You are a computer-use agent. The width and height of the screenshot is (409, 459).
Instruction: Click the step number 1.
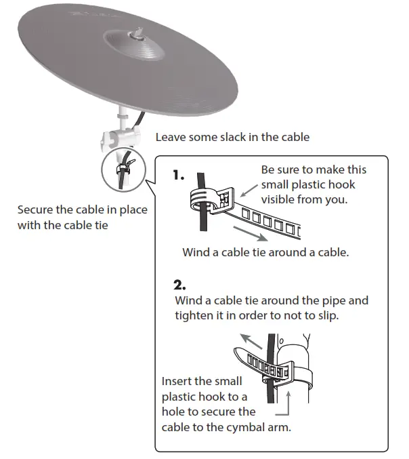178,175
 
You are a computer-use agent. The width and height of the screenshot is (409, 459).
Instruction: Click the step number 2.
180,284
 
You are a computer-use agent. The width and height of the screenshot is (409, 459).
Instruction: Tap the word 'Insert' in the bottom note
178,381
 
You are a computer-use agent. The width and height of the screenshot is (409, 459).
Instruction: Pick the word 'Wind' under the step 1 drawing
197,252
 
